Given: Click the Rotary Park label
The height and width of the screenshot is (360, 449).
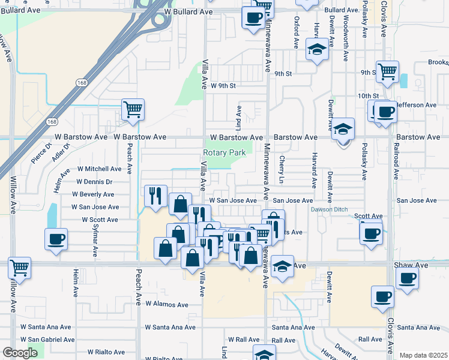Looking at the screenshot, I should [224, 153].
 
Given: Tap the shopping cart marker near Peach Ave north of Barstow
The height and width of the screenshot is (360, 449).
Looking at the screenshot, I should [133, 110].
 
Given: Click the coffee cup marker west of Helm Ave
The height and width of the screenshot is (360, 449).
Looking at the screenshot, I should [56, 239].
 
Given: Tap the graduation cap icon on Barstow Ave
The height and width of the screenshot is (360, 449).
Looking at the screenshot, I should [343, 128].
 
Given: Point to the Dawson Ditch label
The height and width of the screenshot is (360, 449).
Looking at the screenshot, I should [328, 209].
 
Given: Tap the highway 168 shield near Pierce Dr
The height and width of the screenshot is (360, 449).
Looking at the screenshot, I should [53, 121].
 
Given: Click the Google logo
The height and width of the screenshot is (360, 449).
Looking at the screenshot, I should [20, 353].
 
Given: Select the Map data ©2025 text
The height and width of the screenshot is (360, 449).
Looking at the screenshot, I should [423, 355].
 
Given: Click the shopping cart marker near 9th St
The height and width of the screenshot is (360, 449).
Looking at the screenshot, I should [388, 71].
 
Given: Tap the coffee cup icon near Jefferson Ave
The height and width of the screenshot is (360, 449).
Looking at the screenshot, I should [385, 111].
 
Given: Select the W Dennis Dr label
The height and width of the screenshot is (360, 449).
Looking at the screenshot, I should [94, 182].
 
